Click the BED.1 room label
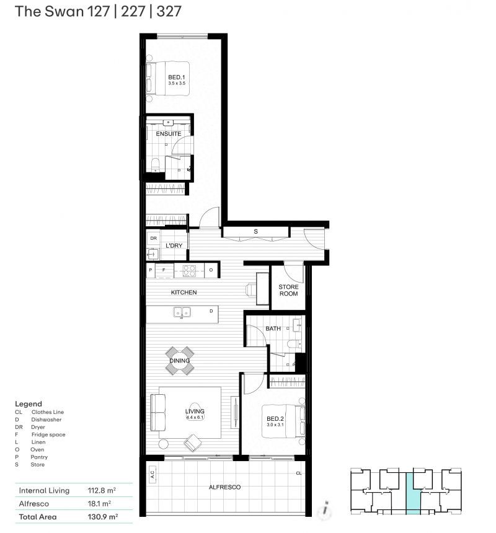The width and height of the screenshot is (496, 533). click(x=177, y=77)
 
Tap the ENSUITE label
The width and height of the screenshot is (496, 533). click(x=168, y=134)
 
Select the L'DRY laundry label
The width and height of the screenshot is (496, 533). click(x=174, y=245)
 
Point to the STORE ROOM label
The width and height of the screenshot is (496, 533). click(x=288, y=290)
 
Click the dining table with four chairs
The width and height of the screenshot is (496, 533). click(x=180, y=361)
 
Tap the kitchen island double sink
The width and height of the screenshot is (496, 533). click(x=182, y=312)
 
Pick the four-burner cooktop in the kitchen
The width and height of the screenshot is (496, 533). click(x=189, y=271)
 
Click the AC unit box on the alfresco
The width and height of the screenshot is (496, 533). click(x=152, y=474)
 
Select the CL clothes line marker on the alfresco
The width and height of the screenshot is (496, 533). click(x=298, y=473)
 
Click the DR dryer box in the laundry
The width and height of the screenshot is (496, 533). click(x=153, y=238)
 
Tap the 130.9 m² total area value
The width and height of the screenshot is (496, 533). click(x=103, y=517)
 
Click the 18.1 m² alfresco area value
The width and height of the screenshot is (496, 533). click(x=99, y=503)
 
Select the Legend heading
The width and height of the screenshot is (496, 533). click(x=29, y=404)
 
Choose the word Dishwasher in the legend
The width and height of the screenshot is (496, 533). click(x=46, y=420)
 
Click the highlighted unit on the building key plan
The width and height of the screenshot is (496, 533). click(x=414, y=493)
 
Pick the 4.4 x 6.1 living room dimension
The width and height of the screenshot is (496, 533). click(x=195, y=417)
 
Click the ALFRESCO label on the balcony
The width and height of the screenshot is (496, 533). click(x=224, y=487)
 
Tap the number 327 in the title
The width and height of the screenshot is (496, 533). click(x=169, y=11)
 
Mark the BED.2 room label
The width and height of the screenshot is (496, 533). click(x=275, y=419)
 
